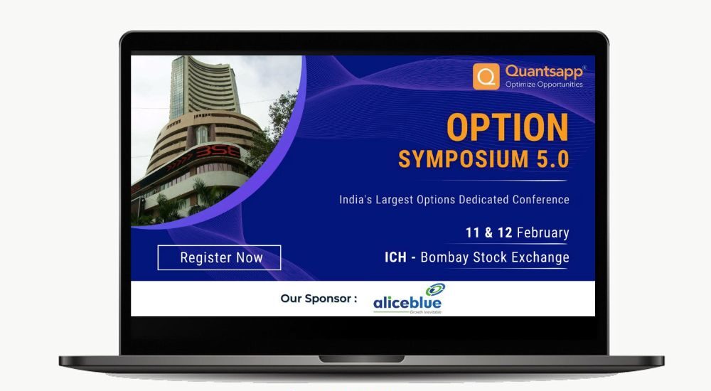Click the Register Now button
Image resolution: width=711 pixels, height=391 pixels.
[219, 257]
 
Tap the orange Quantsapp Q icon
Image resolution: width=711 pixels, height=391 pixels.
[486, 76]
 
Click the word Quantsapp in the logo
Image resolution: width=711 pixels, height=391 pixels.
[544, 72]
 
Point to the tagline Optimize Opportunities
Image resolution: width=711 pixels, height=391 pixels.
[544, 85]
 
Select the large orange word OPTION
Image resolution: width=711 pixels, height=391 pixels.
[508, 127]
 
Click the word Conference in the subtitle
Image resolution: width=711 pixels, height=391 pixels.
[541, 200]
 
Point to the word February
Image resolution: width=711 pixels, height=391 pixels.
[542, 232]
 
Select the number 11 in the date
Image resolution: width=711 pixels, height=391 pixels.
[473, 232]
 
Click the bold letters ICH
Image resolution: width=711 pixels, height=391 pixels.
[395, 257]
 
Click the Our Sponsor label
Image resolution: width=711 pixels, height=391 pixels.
[319, 299]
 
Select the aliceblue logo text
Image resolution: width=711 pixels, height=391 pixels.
[407, 303]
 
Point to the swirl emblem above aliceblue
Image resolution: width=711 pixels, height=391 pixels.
[435, 289]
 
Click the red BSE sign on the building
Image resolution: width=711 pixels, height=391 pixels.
[217, 152]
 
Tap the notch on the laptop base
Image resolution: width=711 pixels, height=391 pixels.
[361, 359]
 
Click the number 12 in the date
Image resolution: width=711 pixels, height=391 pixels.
[505, 232]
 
